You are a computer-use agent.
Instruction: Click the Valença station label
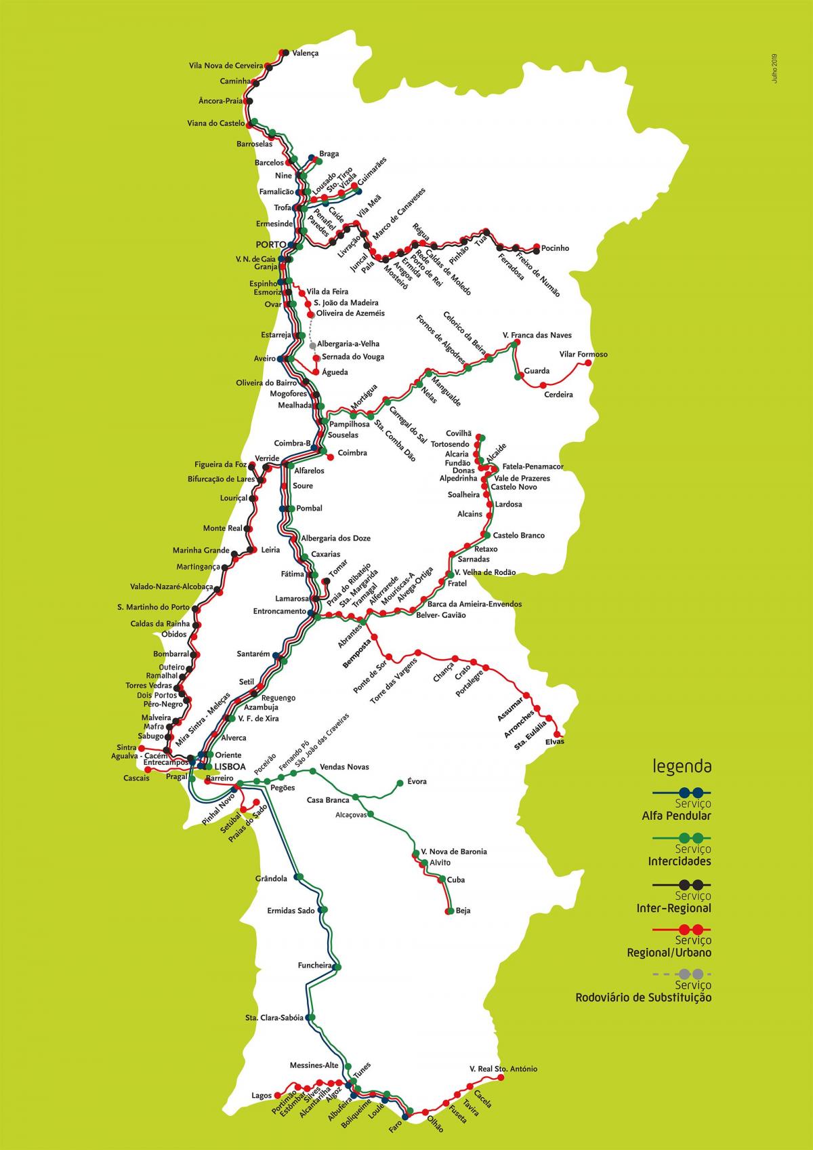click(305, 52)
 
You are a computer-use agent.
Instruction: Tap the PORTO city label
click(270, 244)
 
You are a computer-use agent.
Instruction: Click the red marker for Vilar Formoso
click(587, 363)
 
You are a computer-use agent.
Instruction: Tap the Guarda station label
click(537, 371)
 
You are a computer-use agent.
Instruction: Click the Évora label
click(417, 782)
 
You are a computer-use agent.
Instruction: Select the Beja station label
click(463, 911)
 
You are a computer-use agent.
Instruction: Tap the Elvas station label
click(554, 742)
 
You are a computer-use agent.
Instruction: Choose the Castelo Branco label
click(518, 536)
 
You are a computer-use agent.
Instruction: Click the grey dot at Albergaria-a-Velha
click(312, 344)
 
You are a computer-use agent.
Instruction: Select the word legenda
click(682, 767)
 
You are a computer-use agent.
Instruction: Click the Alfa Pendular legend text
click(676, 816)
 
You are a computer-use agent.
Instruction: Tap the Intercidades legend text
click(680, 861)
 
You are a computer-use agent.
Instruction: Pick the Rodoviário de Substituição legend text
click(644, 997)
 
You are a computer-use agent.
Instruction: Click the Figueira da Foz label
click(220, 464)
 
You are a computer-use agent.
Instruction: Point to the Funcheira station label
click(315, 965)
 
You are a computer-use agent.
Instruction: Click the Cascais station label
click(136, 778)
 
